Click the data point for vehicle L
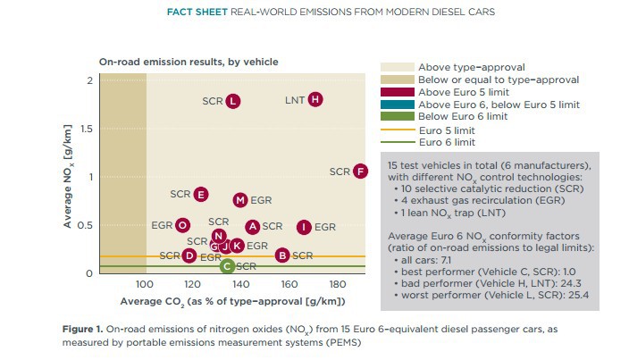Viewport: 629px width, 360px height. [232, 101]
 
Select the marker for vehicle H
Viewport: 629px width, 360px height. [315, 99]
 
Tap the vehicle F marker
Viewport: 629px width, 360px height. [360, 172]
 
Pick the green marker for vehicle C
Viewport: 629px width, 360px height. [227, 265]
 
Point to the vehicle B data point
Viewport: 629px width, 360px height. [282, 255]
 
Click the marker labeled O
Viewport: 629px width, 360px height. [182, 226]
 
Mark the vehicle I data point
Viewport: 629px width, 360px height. [304, 227]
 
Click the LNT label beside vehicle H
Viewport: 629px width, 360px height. [295, 99]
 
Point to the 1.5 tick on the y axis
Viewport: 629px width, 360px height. [85, 129]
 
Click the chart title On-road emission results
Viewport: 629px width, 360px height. [189, 62]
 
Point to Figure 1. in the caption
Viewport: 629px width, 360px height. [82, 330]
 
